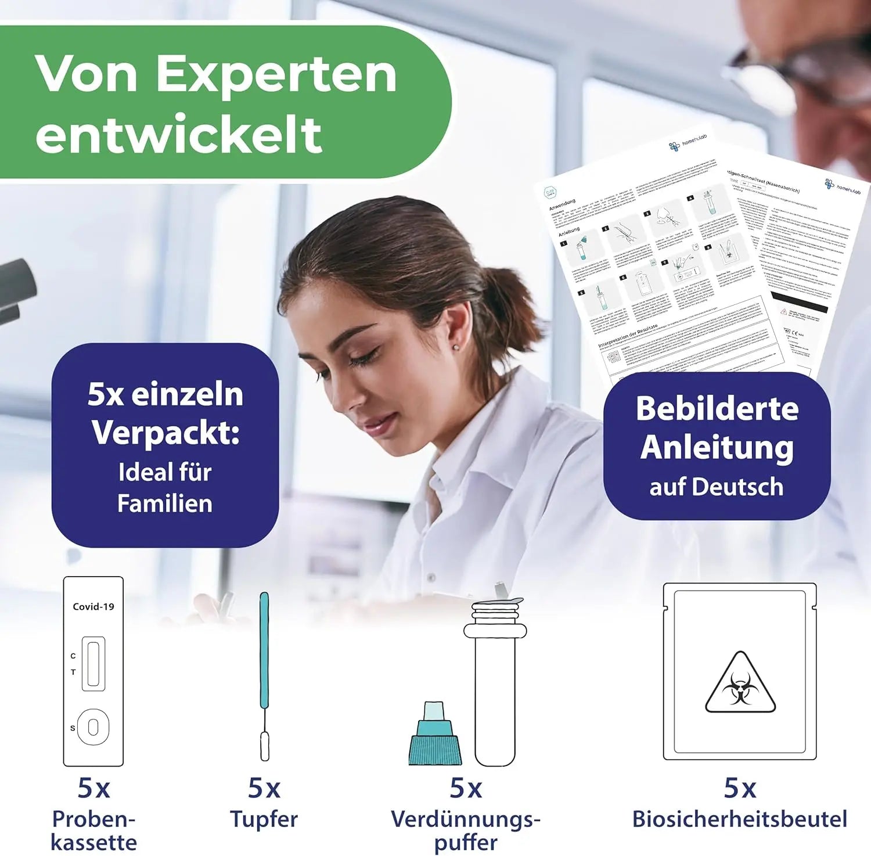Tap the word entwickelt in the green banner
click(x=179, y=134)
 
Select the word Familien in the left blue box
click(x=165, y=503)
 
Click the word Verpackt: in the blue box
click(x=166, y=433)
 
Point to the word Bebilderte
click(x=717, y=408)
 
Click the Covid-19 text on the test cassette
click(x=93, y=607)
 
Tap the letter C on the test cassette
click(x=73, y=656)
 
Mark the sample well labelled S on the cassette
click(x=93, y=727)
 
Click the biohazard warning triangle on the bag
click(x=740, y=685)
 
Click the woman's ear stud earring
click(x=455, y=347)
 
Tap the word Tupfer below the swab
click(x=264, y=819)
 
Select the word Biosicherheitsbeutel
click(x=740, y=819)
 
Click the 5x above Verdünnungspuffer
click(x=466, y=789)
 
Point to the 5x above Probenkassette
click(x=93, y=789)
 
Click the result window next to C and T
click(x=93, y=664)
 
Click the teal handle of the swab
click(x=264, y=650)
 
